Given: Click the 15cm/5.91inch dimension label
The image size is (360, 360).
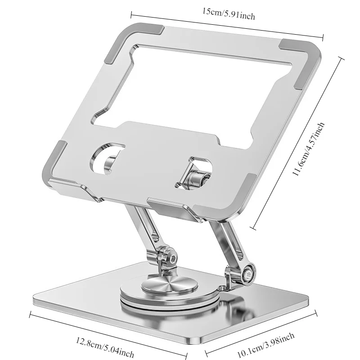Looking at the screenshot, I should [x=228, y=15].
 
